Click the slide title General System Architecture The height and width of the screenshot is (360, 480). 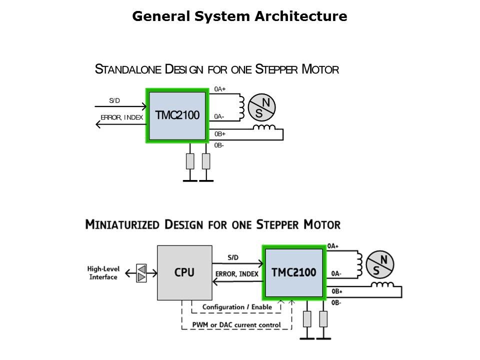(239, 16)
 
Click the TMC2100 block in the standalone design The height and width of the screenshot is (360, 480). (176, 115)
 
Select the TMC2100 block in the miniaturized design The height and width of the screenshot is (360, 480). (294, 272)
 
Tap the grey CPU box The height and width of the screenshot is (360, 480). (184, 272)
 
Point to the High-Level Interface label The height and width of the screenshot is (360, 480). (103, 273)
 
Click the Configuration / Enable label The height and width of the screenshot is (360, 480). (237, 307)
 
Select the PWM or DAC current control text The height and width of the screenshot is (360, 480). (236, 325)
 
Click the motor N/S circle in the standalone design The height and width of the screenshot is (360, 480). (262, 107)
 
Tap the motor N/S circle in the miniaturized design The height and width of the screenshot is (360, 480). (380, 264)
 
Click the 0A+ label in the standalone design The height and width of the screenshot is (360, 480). (220, 89)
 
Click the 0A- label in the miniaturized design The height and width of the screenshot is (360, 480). (336, 274)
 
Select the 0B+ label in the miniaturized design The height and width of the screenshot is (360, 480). (337, 291)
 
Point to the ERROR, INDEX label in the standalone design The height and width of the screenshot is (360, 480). (122, 117)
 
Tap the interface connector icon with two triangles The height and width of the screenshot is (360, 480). (142, 273)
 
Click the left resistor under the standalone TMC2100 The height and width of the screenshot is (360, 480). (190, 161)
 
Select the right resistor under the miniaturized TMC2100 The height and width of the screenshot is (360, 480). (323, 318)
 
